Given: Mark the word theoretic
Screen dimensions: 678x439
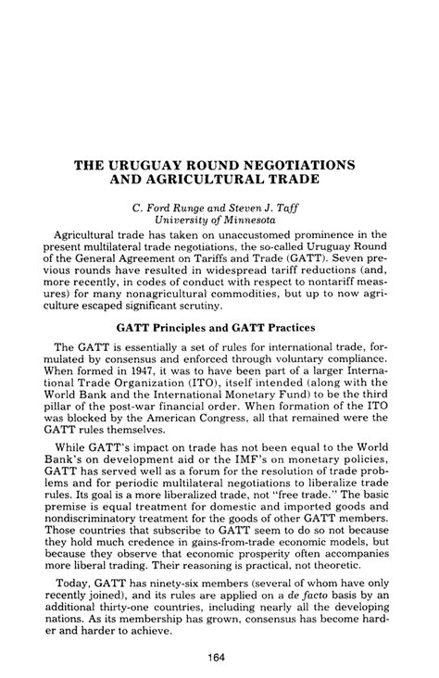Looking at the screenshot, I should click(331, 585).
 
